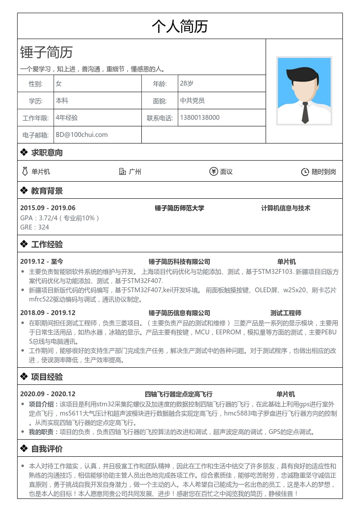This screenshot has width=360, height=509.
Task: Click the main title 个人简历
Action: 180,26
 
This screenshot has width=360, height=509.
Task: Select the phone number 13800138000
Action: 200,118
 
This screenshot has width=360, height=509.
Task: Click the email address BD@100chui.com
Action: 82,135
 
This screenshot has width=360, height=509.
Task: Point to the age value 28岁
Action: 187,83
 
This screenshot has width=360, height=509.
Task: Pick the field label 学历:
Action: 36,101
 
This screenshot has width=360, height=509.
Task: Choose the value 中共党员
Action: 192,100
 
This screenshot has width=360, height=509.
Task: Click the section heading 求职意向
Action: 47,153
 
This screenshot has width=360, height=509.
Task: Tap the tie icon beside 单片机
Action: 25,172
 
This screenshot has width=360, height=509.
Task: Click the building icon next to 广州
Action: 123,172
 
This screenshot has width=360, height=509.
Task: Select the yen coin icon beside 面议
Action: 214,172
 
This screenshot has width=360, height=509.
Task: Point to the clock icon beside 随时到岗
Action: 305,172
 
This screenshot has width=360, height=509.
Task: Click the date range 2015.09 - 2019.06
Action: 48,208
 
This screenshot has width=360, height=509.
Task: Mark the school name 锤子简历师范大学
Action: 180,208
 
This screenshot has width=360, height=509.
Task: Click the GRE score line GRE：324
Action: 35,227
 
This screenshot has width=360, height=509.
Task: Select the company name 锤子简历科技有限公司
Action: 180,262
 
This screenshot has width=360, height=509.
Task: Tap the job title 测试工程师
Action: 286,313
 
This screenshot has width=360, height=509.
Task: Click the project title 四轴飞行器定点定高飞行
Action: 179,394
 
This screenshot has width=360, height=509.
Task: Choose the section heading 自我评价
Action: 47,448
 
